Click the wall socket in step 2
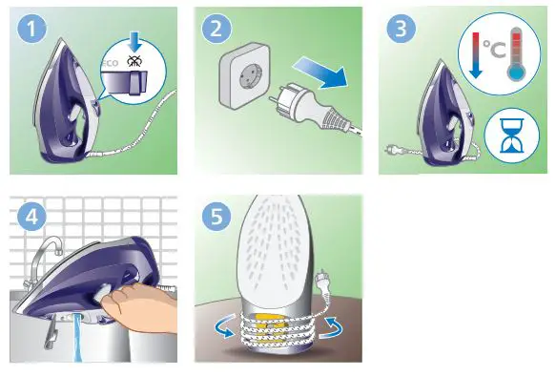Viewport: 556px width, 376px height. (251, 78)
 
